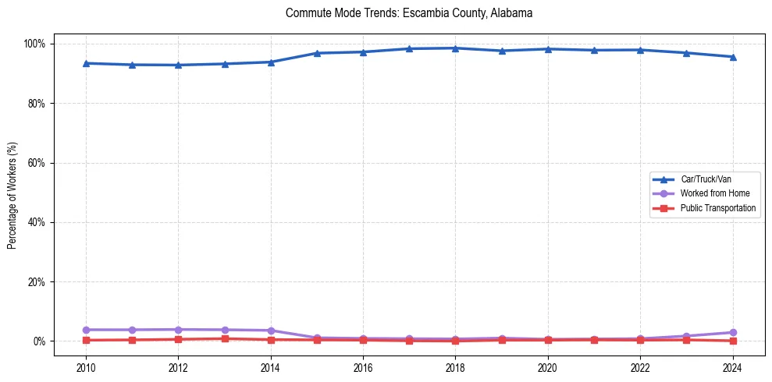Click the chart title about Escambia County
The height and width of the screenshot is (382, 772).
pos(409,13)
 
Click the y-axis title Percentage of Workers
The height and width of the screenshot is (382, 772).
pos(12,192)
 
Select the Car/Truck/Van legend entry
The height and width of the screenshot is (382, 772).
pos(706,179)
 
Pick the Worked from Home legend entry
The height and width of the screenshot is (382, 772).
pos(715,193)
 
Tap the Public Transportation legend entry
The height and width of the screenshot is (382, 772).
pos(718,208)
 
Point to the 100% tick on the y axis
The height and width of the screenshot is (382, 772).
pos(36,44)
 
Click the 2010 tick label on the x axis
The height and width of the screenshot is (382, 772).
pos(86,368)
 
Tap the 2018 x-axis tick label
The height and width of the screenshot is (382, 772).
pos(455,368)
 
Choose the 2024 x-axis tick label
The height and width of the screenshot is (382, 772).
pos(732,368)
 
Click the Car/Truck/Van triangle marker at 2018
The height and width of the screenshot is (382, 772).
pos(455,48)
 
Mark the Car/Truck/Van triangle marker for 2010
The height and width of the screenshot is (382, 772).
pos(86,63)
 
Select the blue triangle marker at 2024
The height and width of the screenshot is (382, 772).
pos(732,57)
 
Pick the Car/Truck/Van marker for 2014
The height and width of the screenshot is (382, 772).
pos(271,62)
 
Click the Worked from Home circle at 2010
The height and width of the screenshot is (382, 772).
pos(86,330)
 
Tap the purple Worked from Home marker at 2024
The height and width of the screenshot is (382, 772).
pos(732,332)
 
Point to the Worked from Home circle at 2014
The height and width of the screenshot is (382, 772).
pos(271,331)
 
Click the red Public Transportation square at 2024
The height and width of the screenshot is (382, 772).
pos(732,341)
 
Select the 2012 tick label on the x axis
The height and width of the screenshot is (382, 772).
pos(179,368)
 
